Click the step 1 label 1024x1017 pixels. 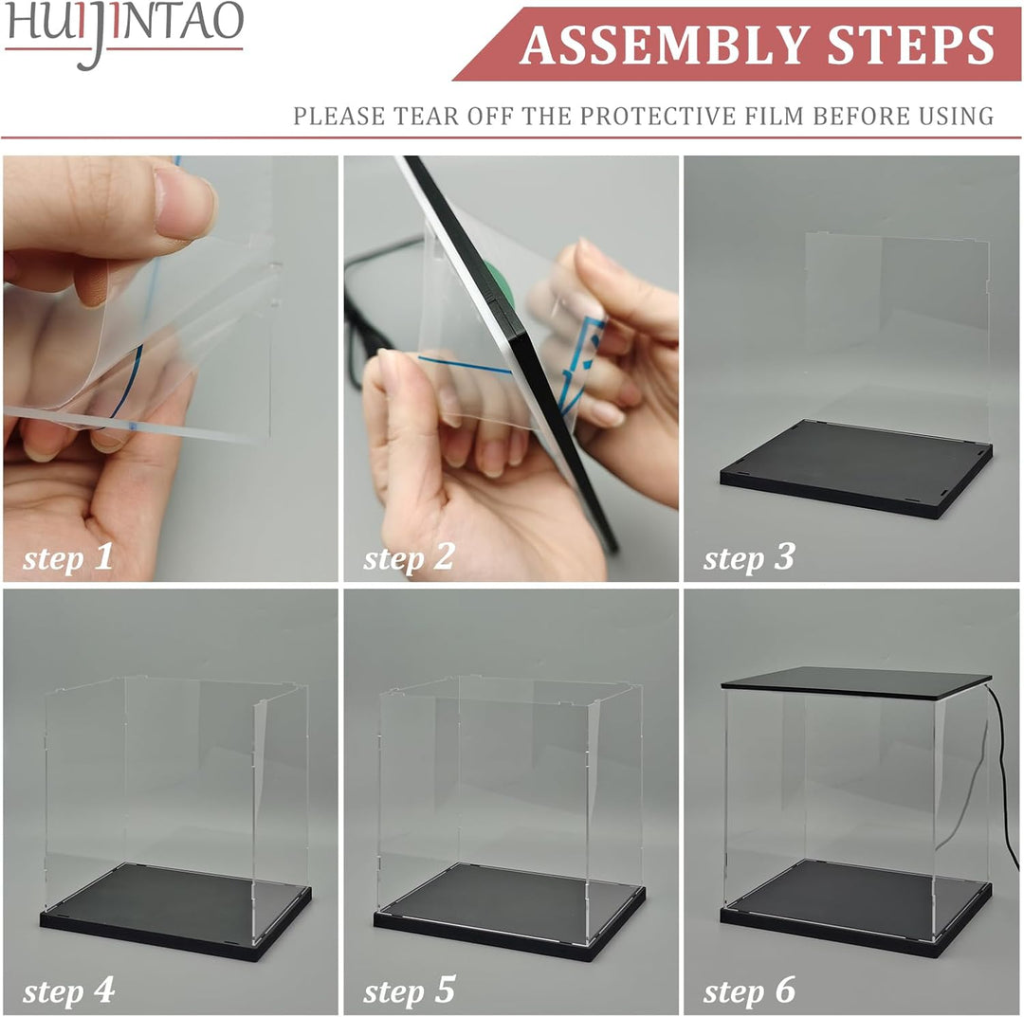[68, 557]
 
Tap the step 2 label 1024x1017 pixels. [409, 557]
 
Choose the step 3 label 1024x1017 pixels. [749, 557]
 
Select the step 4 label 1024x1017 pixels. [68, 991]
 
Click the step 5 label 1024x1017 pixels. [409, 991]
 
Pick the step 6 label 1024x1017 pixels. [749, 991]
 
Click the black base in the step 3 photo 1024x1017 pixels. [853, 469]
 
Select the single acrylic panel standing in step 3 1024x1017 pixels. [896, 332]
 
